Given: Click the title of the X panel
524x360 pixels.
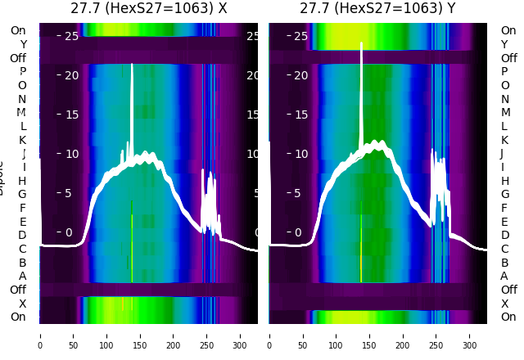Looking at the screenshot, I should click(148, 9).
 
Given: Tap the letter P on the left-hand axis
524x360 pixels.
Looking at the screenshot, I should click(23, 72).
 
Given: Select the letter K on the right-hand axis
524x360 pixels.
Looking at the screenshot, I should click(504, 140).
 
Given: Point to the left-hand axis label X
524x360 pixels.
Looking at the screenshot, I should click(23, 304).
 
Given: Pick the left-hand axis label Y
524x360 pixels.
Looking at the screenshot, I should click(23, 44).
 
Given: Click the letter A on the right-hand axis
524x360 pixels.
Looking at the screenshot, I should click(504, 276).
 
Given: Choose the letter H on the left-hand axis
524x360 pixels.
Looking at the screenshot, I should click(23, 181).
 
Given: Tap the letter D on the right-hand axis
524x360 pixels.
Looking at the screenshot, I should click(504, 235).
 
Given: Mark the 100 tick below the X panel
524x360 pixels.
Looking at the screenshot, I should click(106, 335).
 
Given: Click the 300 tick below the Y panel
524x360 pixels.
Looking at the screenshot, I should click(470, 335).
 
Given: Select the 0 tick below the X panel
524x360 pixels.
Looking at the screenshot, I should click(39, 335).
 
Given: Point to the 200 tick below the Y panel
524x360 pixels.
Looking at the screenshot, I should click(403, 335).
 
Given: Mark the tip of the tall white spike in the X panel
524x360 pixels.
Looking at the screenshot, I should click(132, 63).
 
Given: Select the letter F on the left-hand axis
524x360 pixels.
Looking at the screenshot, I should click(23, 208).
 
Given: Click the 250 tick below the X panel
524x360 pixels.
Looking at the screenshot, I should click(207, 335).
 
